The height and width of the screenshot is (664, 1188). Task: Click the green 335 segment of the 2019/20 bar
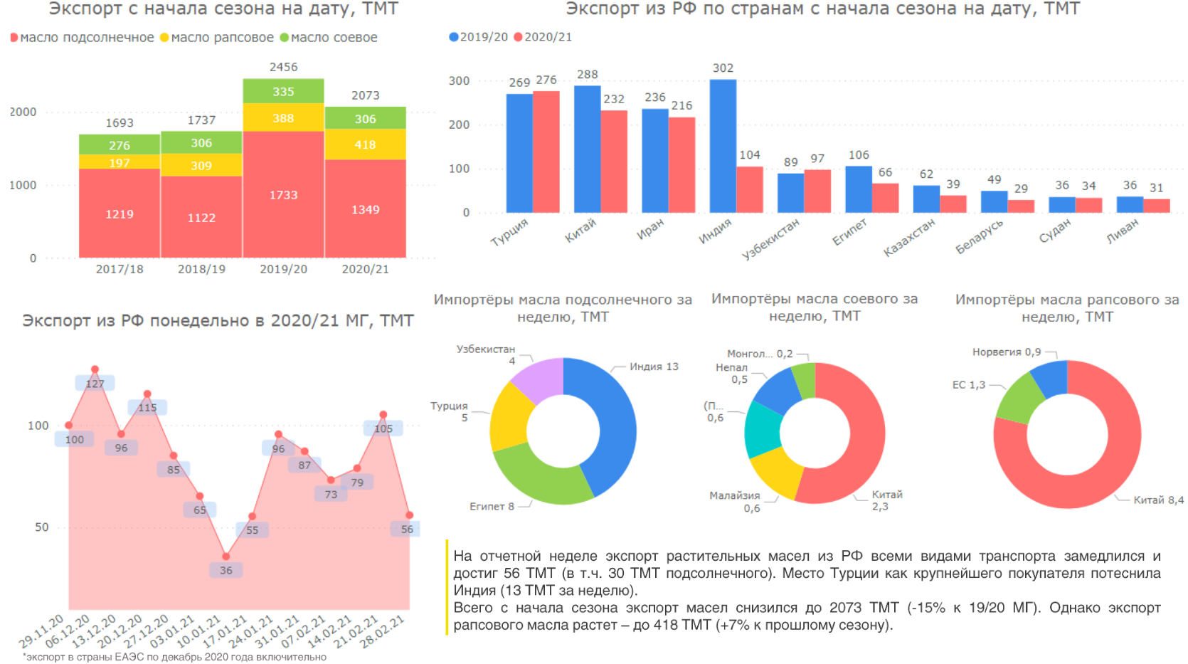283,91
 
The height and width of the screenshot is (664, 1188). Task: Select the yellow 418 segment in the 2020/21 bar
365,144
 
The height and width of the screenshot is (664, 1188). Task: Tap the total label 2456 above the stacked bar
283,67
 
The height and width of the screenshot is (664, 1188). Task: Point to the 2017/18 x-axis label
120,269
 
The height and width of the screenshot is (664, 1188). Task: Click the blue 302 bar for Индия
723,146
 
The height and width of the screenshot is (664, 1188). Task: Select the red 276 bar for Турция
546,152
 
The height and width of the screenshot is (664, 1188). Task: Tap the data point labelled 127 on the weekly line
95,369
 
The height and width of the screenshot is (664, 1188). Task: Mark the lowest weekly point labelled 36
226,557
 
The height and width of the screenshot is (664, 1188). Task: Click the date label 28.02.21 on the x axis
382,631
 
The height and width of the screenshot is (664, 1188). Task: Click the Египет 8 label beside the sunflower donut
492,507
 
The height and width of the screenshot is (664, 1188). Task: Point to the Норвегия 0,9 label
1006,352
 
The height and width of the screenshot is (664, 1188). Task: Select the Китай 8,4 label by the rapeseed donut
1158,500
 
